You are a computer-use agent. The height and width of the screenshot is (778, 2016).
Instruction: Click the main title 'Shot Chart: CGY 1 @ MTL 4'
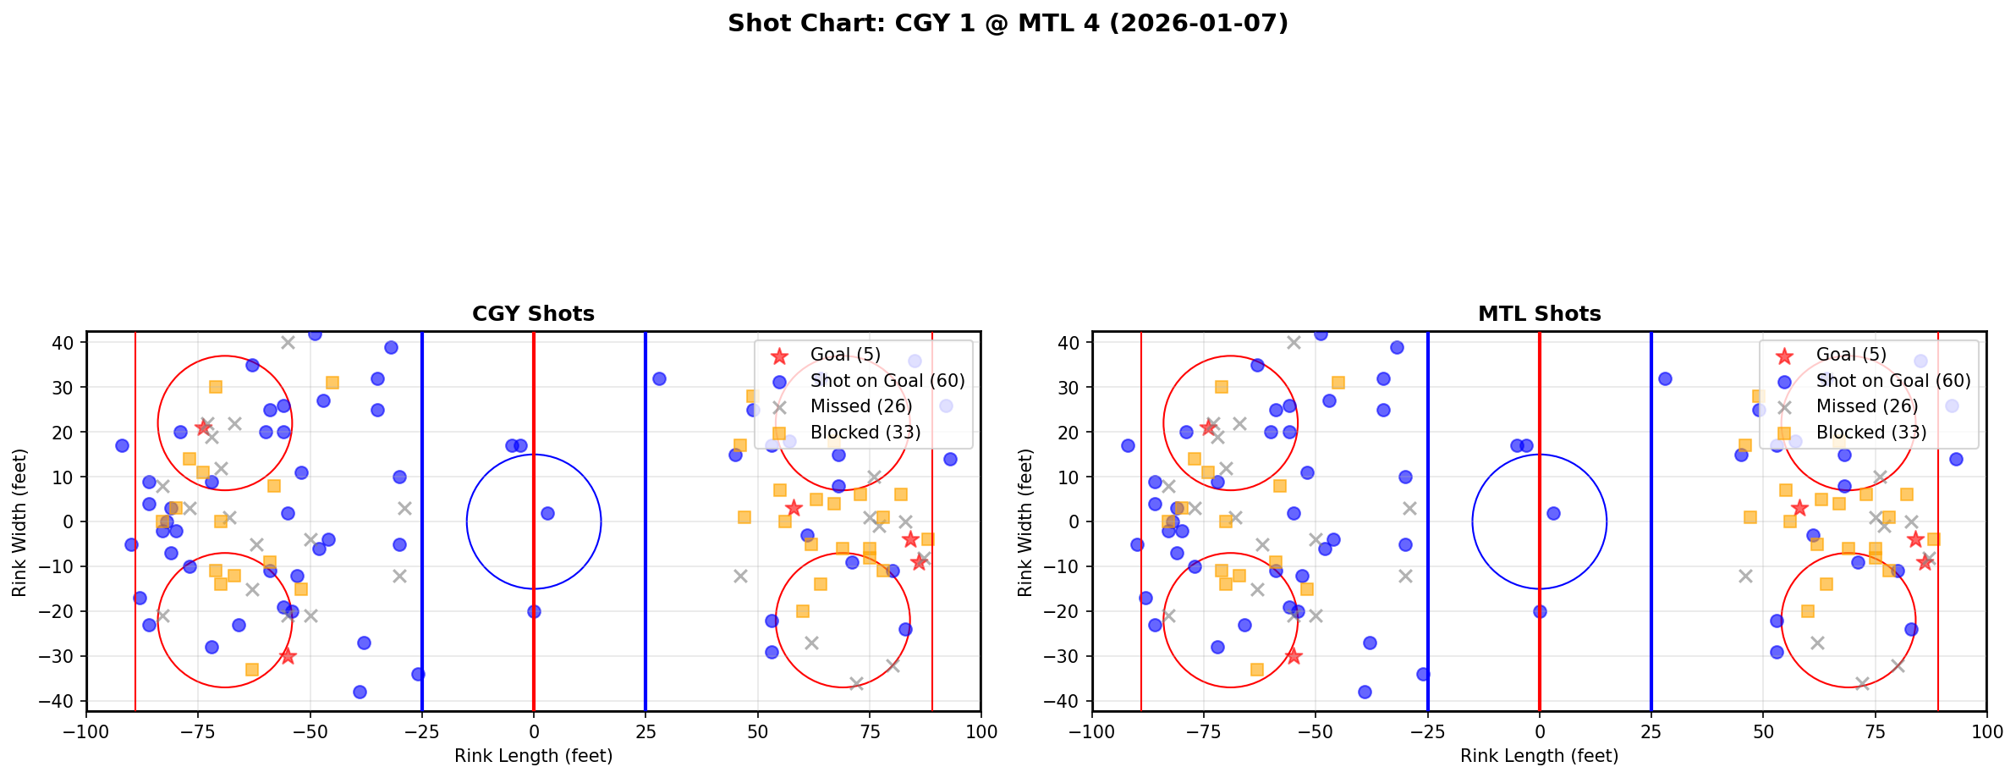pyautogui.click(x=1008, y=23)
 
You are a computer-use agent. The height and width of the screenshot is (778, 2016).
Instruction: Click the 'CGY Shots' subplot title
pyautogui.click(x=533, y=314)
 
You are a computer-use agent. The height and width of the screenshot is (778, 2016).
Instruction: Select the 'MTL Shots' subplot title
pyautogui.click(x=1539, y=314)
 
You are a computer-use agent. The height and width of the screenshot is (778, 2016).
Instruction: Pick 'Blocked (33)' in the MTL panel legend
pyautogui.click(x=1871, y=433)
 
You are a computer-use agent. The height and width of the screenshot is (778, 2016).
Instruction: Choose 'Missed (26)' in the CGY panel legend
pyautogui.click(x=861, y=406)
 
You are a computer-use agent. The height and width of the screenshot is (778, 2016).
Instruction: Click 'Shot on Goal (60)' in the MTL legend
pyautogui.click(x=1893, y=381)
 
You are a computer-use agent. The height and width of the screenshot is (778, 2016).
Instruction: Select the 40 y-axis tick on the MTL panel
pyautogui.click(x=1070, y=343)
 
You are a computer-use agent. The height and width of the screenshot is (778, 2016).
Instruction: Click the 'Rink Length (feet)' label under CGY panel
pyautogui.click(x=533, y=756)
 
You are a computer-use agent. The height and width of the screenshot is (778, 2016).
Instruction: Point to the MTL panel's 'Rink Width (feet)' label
pyautogui.click(x=1025, y=521)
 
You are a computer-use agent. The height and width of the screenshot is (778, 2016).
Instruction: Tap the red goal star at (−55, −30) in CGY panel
pyautogui.click(x=288, y=656)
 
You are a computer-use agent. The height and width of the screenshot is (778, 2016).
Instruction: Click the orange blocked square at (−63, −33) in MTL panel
pyautogui.click(x=1257, y=670)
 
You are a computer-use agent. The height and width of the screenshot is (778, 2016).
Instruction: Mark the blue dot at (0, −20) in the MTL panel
pyautogui.click(x=1540, y=611)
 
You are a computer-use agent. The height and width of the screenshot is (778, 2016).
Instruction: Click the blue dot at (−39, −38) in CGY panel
pyautogui.click(x=360, y=692)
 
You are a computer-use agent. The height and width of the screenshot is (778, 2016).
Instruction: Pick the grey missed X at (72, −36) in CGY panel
pyautogui.click(x=856, y=683)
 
